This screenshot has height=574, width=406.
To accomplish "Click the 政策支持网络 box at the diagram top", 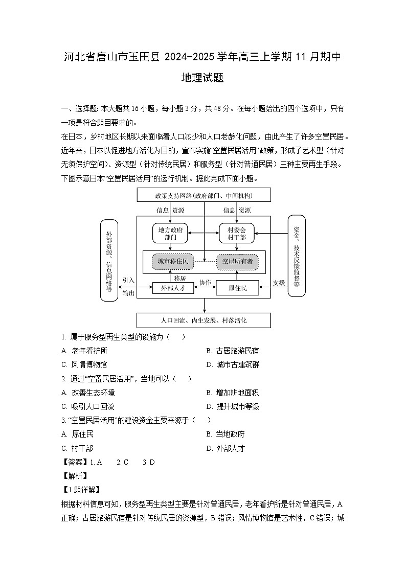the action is pyautogui.click(x=204, y=196).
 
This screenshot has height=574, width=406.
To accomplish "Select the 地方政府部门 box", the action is pyautogui.click(x=170, y=234).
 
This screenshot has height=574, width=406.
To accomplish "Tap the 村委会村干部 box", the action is pyautogui.click(x=237, y=234).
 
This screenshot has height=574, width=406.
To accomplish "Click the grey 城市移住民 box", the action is pyautogui.click(x=173, y=261).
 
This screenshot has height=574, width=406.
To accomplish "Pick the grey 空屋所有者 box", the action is pyautogui.click(x=237, y=261).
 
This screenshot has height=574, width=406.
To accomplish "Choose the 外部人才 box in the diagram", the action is pyautogui.click(x=173, y=288).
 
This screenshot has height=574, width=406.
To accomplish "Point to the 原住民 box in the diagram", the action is pyautogui.click(x=237, y=288).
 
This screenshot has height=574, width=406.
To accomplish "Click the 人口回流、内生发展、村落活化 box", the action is pyautogui.click(x=204, y=320).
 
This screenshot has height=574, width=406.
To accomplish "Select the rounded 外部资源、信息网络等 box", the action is pyautogui.click(x=109, y=261).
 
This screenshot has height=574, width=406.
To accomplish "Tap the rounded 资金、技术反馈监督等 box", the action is pyautogui.click(x=297, y=256).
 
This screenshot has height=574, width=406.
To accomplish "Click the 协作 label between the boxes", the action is pyautogui.click(x=205, y=283).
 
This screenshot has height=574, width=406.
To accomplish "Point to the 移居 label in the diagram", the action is pyautogui.click(x=180, y=278).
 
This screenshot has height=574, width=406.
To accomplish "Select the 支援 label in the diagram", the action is pyautogui.click(x=279, y=283).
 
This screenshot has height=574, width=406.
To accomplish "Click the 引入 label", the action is pyautogui.click(x=128, y=280).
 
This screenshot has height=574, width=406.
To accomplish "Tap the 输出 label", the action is pyautogui.click(x=128, y=293).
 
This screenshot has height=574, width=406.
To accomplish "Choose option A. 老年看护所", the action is pyautogui.click(x=84, y=351).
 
